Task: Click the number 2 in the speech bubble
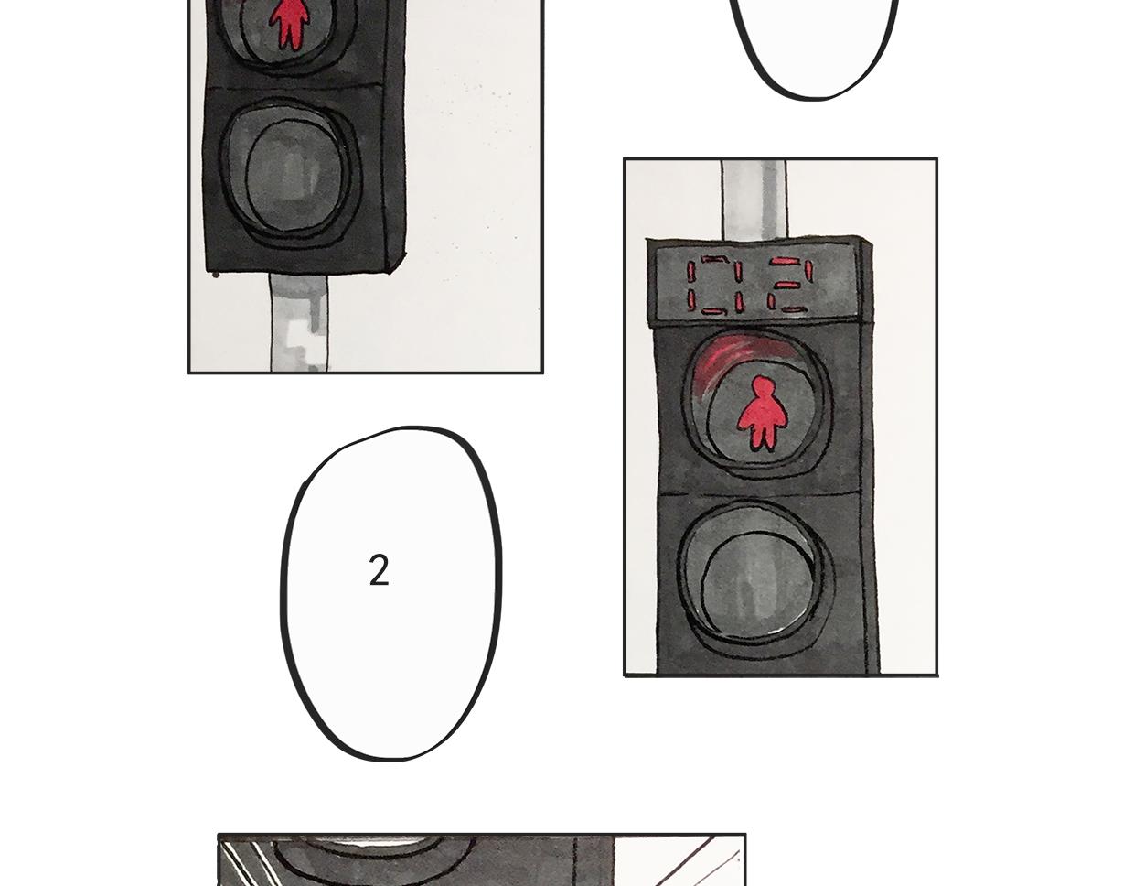point(379,570)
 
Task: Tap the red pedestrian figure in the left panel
point(289,24)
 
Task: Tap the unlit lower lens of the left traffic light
point(290,173)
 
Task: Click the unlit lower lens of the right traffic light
point(755,580)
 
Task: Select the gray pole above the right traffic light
point(754,200)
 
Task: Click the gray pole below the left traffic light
point(298,323)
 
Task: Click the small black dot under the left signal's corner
point(216,275)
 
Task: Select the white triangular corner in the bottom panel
point(668,861)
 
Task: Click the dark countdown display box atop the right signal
point(754,285)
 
